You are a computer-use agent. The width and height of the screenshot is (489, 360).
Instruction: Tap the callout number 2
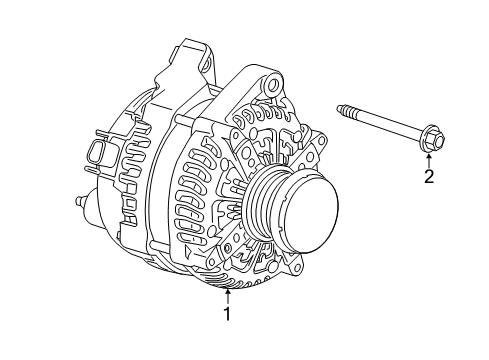pos(429,178)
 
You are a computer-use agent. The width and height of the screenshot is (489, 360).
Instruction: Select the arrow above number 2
pos(429,156)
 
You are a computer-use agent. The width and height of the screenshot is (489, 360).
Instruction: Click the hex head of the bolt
pos(426,141)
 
